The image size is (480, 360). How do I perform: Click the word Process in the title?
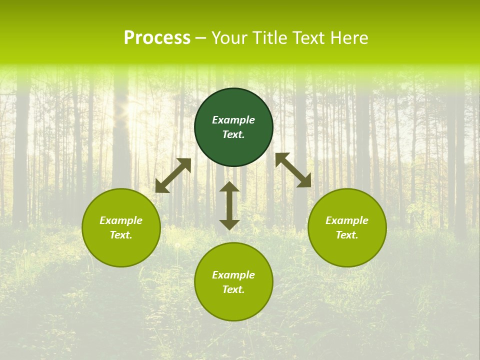157,38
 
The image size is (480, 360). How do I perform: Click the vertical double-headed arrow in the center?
229,205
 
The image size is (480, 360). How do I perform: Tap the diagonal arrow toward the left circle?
173,175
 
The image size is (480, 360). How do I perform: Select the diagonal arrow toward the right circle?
293,170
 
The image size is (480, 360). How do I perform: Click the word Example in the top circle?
233,120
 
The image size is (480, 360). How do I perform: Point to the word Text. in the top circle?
233,134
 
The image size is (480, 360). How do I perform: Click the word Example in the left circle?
121,220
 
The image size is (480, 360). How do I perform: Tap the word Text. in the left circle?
121,235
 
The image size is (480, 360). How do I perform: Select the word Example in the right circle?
347,220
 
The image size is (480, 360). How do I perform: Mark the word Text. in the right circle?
347,235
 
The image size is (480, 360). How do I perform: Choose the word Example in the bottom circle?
233,275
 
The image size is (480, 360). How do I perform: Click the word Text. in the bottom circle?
233,289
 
